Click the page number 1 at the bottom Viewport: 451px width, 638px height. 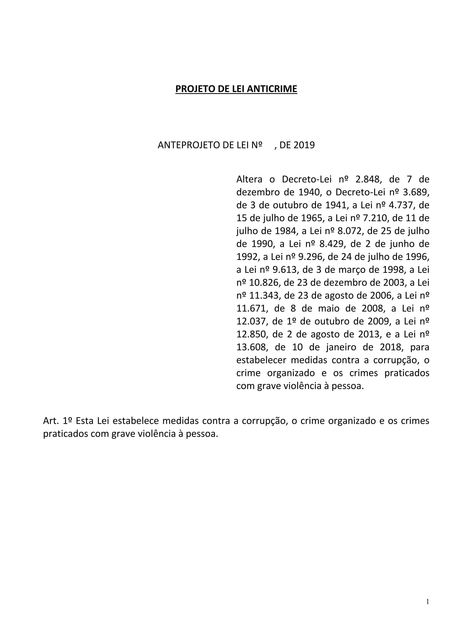[427, 602]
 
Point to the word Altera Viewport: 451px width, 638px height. [249, 179]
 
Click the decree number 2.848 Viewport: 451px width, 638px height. [367, 179]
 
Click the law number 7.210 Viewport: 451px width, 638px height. [376, 218]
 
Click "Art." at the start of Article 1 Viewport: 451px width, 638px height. [51, 421]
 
